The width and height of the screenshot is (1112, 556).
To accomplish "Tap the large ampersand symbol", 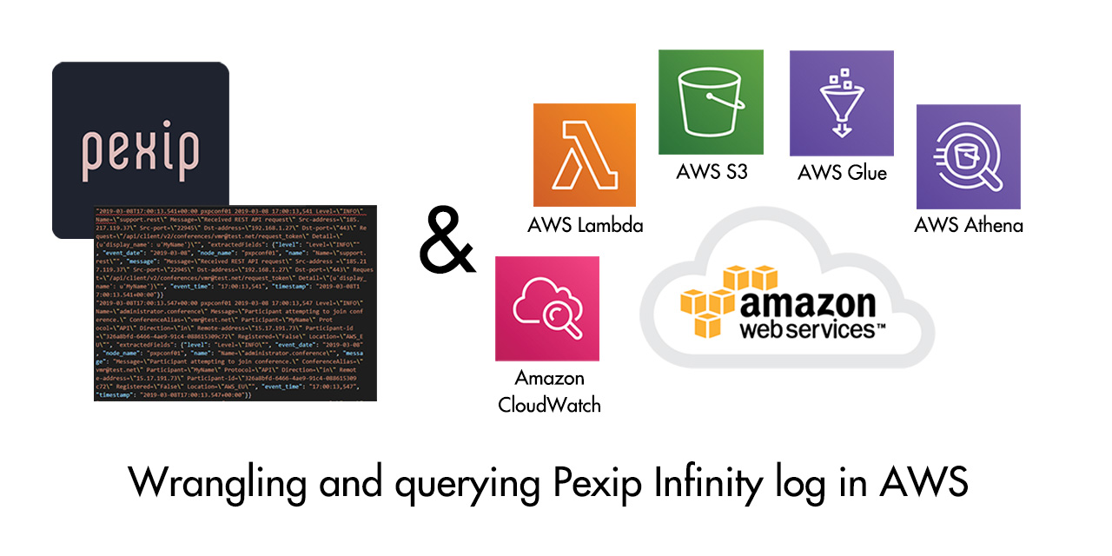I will click(447, 240).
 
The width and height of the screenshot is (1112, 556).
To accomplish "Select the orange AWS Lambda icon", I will click(585, 155).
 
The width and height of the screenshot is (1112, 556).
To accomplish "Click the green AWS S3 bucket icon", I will click(711, 102).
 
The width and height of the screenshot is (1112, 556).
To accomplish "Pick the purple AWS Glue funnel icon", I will click(841, 103).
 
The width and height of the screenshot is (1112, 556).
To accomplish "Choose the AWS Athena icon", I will click(968, 156).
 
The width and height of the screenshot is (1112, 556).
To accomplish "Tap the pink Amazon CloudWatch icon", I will click(547, 308).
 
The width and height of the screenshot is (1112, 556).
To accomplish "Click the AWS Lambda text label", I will click(586, 226).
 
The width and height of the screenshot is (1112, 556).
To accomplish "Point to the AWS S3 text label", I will click(712, 172).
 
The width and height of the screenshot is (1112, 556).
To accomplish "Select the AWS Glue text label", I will click(842, 173).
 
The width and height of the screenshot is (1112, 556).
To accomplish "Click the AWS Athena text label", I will click(969, 226).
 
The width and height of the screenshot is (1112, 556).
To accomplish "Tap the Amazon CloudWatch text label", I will click(549, 392).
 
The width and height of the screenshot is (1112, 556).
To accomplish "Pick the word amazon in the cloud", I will click(808, 304).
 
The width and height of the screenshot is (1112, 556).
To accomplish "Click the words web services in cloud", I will click(808, 330).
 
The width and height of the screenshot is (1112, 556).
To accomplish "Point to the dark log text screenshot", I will click(235, 303).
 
